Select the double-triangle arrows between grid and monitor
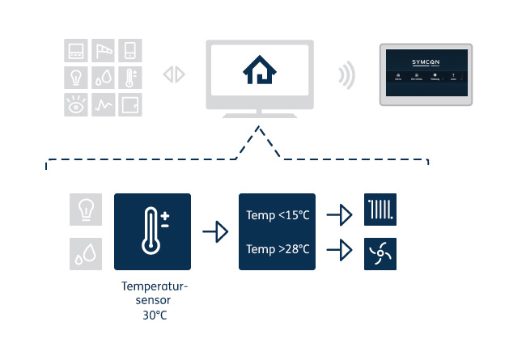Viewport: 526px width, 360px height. click(x=174, y=74)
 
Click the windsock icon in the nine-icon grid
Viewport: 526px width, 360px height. click(x=103, y=51)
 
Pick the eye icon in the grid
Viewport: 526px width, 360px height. click(x=76, y=104)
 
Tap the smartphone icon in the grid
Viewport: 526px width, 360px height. click(x=130, y=51)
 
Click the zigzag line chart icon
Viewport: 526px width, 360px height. click(x=103, y=104)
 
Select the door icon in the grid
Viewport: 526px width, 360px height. click(x=130, y=104)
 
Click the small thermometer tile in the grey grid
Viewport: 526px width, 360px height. click(x=130, y=78)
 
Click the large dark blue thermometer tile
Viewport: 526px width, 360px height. click(x=153, y=231)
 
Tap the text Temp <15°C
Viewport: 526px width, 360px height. click(x=278, y=216)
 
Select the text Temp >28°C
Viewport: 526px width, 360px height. click(x=278, y=249)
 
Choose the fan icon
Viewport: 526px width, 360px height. click(x=380, y=252)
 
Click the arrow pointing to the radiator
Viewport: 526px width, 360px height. click(x=339, y=215)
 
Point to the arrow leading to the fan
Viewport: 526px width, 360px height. click(x=339, y=250)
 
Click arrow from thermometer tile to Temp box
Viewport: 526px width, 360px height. click(x=215, y=232)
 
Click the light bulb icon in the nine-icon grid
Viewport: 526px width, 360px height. click(x=76, y=78)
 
